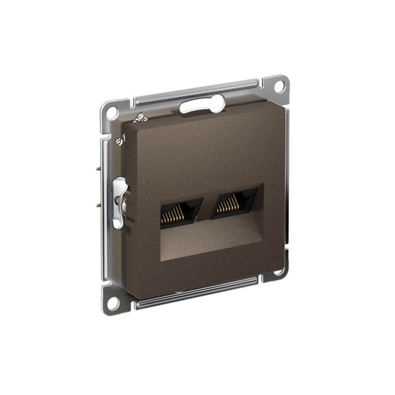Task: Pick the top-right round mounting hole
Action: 279,85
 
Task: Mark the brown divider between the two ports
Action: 207,207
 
